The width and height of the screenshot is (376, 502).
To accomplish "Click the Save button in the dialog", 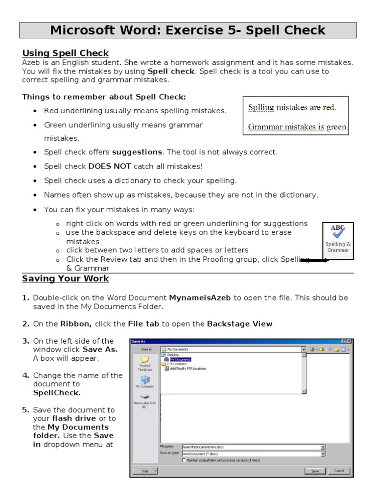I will pos(315,471).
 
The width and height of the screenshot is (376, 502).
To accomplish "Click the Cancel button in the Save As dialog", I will pos(339,471).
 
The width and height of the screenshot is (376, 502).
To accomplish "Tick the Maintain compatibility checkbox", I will pos(184,460).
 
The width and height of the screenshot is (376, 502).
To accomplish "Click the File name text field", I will pos(250,447).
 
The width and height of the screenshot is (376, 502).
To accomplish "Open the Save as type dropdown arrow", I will pos(323,454).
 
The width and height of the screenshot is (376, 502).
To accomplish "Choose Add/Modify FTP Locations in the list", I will pos(188,369).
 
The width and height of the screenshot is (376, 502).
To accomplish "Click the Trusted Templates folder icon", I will pos(145,359).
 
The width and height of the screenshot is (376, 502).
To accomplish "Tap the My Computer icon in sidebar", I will pos(145,380).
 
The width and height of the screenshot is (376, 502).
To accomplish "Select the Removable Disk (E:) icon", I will pos(145,397).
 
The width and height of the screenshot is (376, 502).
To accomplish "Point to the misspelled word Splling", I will pos(261,107).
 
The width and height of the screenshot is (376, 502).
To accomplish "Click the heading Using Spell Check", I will pos(65,53).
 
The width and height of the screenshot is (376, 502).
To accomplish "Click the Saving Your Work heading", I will pos(65,279).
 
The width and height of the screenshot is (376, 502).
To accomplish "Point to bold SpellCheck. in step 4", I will pos(57,393).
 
